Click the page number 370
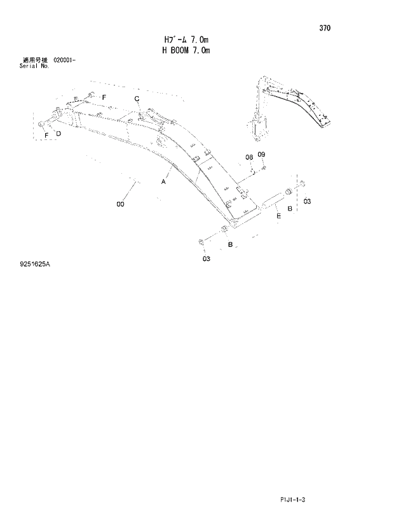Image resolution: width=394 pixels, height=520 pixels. coord(324,28)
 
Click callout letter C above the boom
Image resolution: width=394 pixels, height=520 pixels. coord(137,98)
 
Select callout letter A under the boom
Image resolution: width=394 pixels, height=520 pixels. coord(163,182)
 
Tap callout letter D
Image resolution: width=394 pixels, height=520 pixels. coord(58,134)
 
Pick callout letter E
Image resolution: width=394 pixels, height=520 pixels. coord(278,217)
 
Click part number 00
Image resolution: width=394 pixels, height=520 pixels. coord(120,204)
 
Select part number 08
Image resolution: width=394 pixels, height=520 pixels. coord(249,157)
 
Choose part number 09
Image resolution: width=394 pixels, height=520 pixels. coord(261,155)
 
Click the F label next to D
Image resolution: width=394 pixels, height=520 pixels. coord(47,135)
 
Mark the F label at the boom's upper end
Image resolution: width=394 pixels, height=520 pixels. coord(104,95)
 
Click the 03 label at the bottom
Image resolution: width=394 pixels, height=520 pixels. coord(206,259)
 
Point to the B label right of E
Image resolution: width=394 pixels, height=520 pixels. coord(290,209)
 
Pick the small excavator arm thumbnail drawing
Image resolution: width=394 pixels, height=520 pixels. coord(289,108)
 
